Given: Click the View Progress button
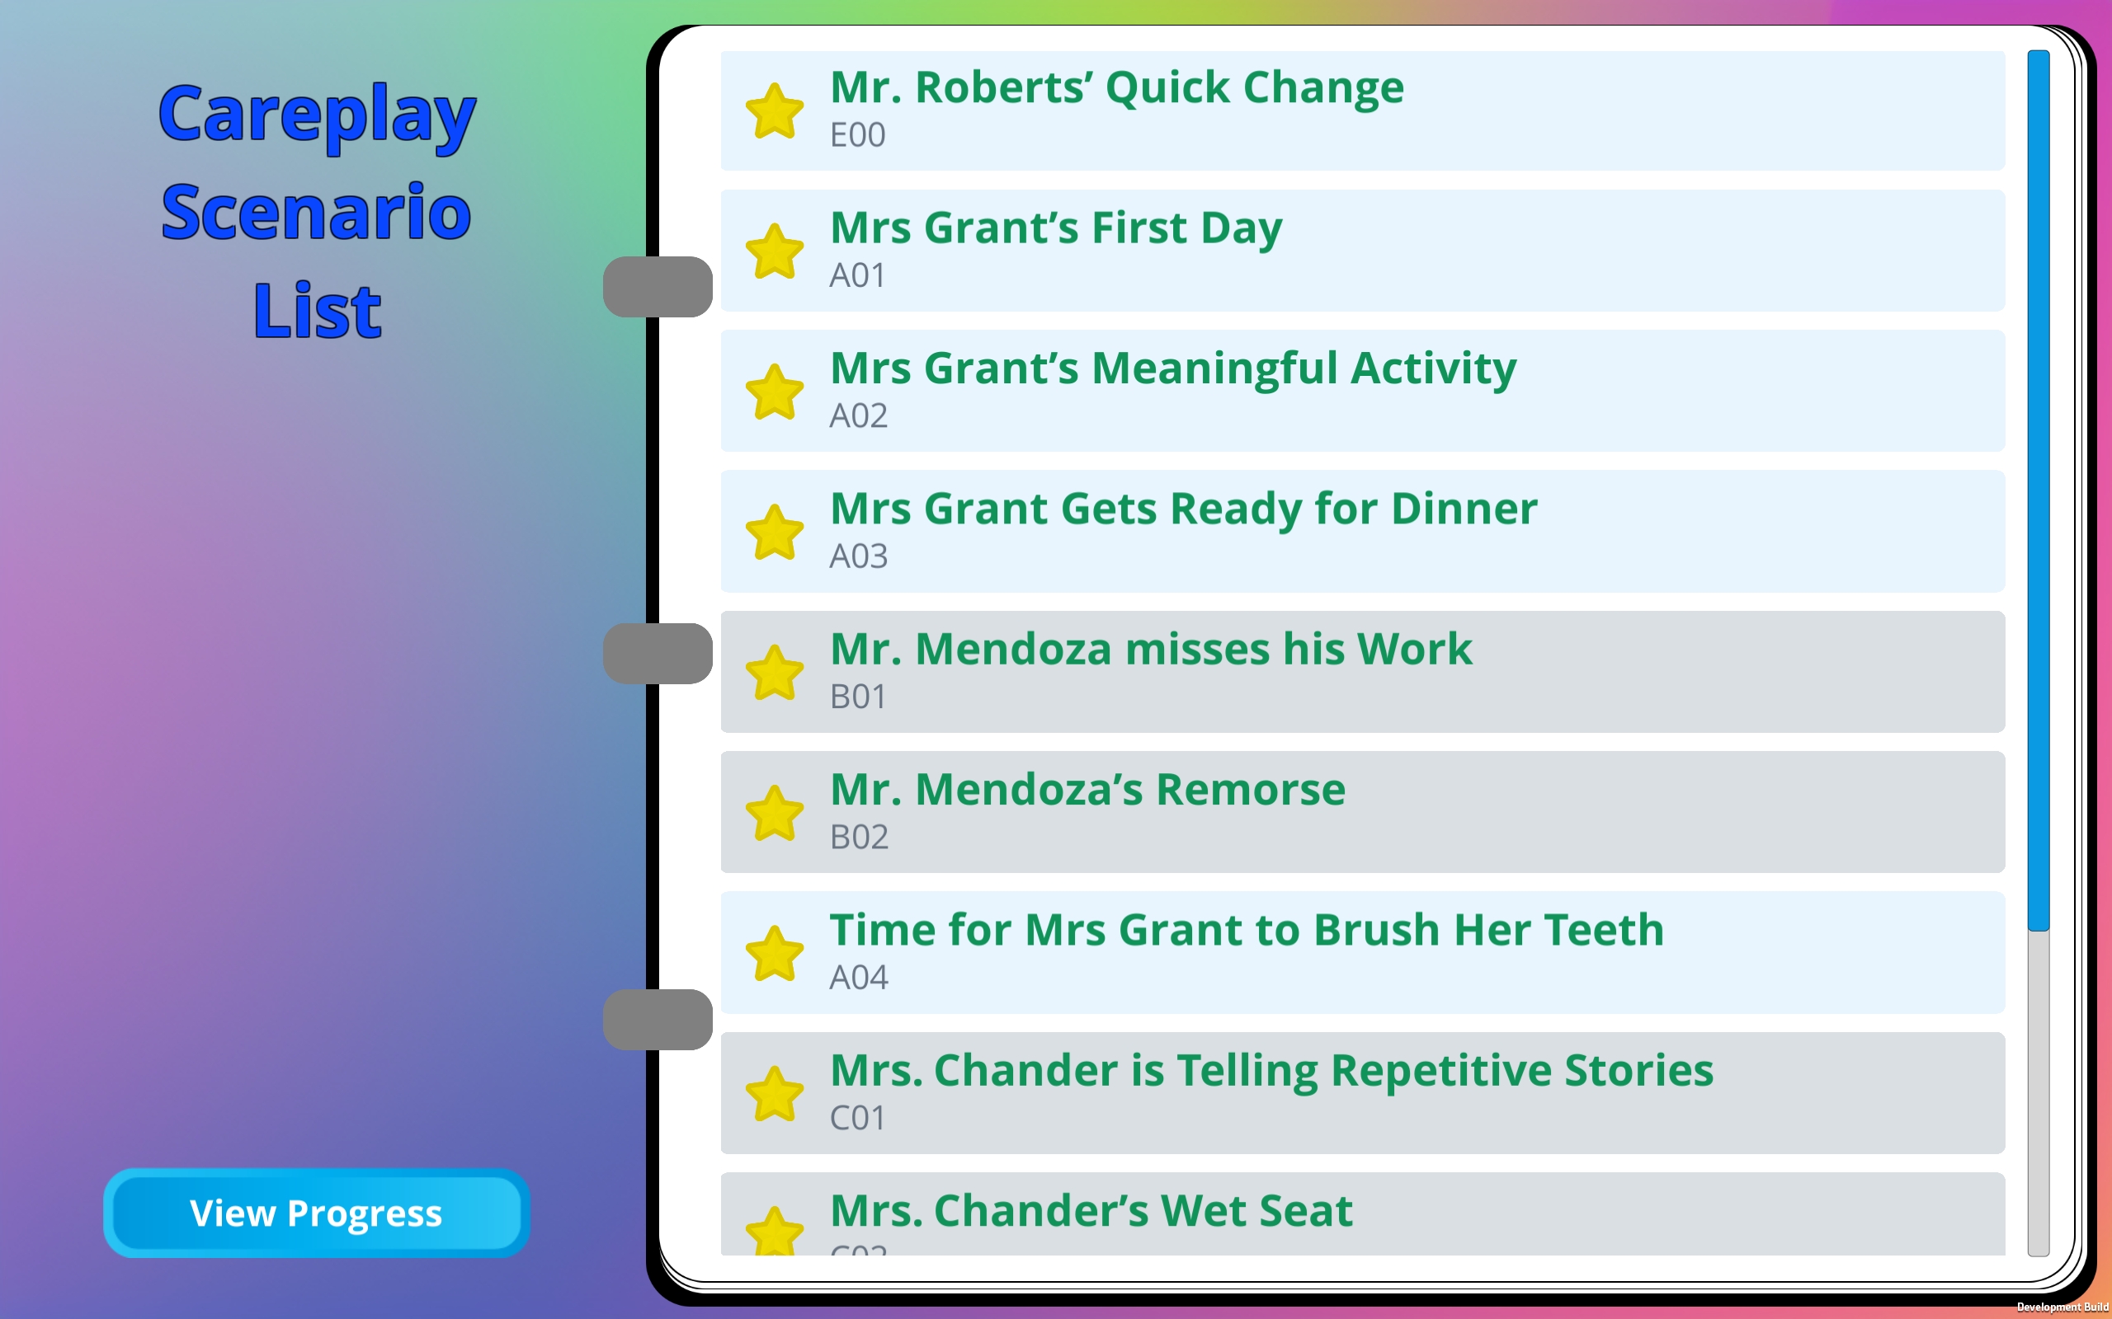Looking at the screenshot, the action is click(316, 1213).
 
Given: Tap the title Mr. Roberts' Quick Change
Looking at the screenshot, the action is click(1117, 88).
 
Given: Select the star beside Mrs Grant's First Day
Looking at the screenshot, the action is click(774, 251).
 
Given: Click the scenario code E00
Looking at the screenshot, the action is click(857, 135).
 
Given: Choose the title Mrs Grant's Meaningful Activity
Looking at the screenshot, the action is click(1173, 369).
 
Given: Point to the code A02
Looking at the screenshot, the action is click(858, 416).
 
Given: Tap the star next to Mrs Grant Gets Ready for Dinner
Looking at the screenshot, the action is click(774, 533).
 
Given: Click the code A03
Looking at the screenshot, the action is click(858, 556).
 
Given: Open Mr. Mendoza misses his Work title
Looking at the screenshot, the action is click(1150, 649).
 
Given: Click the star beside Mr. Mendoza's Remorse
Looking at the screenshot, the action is click(774, 813).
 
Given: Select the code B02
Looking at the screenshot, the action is click(859, 838).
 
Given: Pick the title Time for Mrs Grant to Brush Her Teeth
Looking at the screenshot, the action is click(1247, 930).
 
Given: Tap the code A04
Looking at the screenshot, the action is click(858, 978).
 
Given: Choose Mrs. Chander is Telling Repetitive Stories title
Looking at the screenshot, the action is click(1271, 1071).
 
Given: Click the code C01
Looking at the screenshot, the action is click(857, 1119).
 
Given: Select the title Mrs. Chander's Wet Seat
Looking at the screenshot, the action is click(1091, 1211).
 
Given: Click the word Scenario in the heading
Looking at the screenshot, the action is click(316, 213).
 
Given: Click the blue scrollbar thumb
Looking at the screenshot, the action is click(2038, 491).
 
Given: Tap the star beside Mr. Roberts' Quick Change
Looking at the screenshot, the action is click(774, 110).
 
